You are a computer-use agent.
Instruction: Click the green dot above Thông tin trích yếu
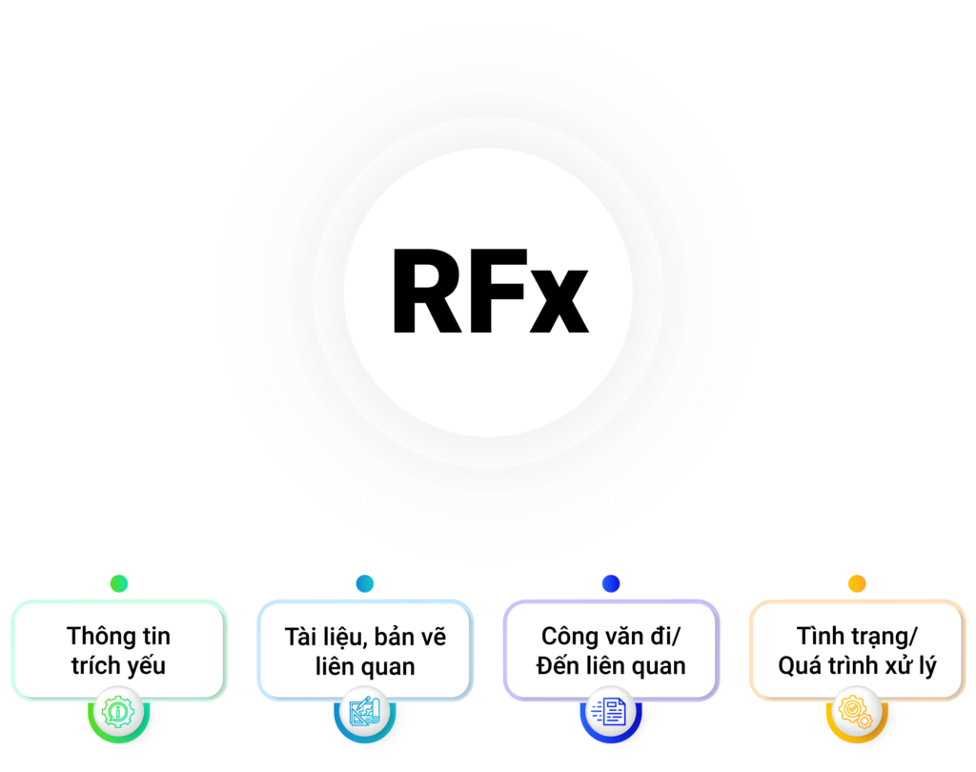point(119,583)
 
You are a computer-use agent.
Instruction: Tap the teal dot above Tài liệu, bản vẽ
point(365,583)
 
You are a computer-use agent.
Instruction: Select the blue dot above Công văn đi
point(611,583)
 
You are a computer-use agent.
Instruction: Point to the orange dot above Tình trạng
point(857,583)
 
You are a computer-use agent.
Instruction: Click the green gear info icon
point(118,712)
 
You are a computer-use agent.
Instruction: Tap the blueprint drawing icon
point(365,712)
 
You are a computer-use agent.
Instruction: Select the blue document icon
point(611,712)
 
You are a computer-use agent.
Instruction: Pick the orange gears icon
point(857,712)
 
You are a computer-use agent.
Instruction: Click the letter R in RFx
point(427,292)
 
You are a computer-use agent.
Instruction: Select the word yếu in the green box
point(148,665)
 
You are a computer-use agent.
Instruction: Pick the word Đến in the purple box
point(556,665)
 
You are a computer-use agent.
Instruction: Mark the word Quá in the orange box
point(800,665)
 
